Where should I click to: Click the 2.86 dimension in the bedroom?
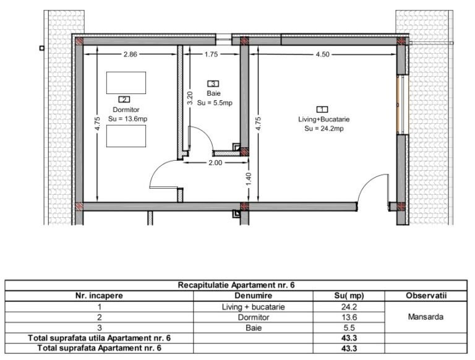coord(131,54)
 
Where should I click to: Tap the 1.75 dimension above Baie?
coord(211,54)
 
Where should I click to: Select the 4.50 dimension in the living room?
coord(322,54)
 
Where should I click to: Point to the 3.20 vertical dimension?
coord(190,98)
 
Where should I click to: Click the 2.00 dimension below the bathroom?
coord(215,163)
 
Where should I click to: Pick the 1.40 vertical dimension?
coord(249,179)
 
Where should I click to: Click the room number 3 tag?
coord(213,84)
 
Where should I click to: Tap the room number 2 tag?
coord(124,100)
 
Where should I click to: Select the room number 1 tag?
coord(322,109)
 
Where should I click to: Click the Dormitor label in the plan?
coord(126,109)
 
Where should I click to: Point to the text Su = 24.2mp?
coord(324,129)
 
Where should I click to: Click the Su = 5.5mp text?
coord(215,103)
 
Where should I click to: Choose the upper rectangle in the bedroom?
coord(126,83)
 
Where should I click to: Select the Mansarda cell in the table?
coord(426,317)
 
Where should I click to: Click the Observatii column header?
coord(426,296)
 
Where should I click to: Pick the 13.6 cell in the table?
coord(349,317)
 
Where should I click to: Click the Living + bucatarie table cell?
coord(253,307)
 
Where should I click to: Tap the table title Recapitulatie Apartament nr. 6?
coord(236,285)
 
